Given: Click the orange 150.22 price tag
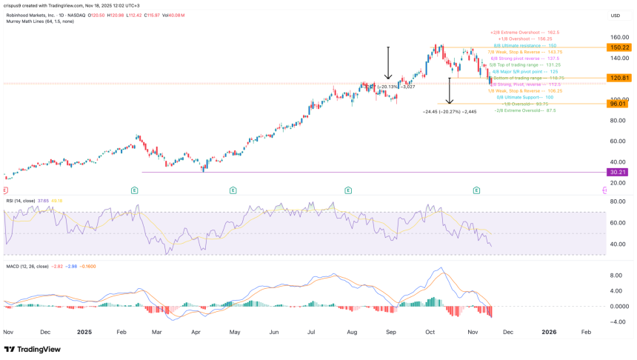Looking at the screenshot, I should pyautogui.click(x=618, y=47).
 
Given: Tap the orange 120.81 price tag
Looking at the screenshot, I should pyautogui.click(x=618, y=78).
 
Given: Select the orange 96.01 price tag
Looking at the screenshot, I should pyautogui.click(x=618, y=104).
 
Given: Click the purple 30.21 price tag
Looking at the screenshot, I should pyautogui.click(x=618, y=172).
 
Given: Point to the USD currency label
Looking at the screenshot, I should pyautogui.click(x=615, y=15).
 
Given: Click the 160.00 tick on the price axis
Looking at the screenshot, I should pyautogui.click(x=619, y=36).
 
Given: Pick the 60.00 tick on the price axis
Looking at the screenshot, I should pyautogui.click(x=619, y=141).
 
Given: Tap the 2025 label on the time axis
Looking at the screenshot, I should pyautogui.click(x=85, y=333).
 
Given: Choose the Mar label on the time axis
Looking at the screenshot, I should pyautogui.click(x=157, y=333).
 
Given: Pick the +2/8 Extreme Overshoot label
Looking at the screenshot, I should pyautogui.click(x=524, y=33).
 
